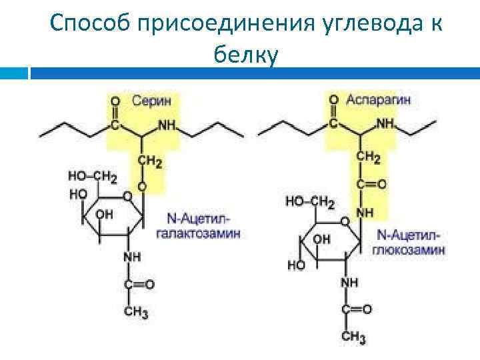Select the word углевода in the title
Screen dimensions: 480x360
coord(355,24)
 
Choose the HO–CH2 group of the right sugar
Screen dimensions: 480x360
coord(309,201)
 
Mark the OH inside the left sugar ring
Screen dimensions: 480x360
coord(104,215)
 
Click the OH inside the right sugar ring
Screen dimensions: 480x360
coord(321,238)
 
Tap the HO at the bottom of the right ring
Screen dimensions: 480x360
coord(297,265)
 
